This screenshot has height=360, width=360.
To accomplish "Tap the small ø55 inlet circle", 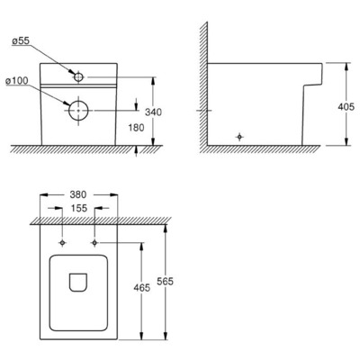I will pyautogui.click(x=81, y=78).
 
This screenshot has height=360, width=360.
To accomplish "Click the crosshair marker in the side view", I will pyautogui.click(x=238, y=136).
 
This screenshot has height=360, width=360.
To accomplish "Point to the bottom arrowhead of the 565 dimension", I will pyautogui.click(x=167, y=338).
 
